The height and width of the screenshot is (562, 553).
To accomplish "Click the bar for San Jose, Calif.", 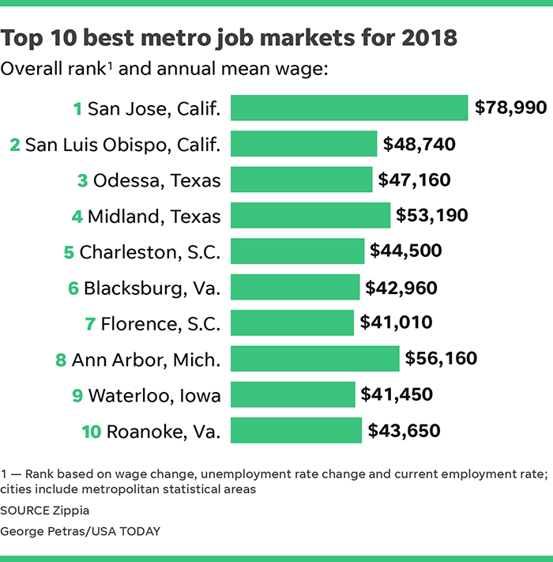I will point(348,107).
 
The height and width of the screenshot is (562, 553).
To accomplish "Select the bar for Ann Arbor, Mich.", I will point(314,359).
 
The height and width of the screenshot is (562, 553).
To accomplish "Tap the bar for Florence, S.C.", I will point(292,322).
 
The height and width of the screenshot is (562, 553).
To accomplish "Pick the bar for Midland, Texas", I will point(310,215).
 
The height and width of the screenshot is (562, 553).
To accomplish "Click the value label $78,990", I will point(510,107).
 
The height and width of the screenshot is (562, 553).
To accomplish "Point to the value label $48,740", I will point(419,144).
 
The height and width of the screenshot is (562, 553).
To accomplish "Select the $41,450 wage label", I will point(397,394).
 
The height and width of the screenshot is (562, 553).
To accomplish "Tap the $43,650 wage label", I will point(404,431).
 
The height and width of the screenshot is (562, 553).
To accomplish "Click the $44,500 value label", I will point(405,251).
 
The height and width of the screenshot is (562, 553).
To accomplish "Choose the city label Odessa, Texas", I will point(156,180).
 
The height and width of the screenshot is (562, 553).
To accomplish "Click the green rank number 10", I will point(91,432).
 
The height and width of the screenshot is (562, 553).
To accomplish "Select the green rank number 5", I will point(69,252).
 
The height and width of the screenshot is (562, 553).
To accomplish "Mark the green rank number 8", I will point(60,360).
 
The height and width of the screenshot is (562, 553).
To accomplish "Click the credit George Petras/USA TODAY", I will point(80,531).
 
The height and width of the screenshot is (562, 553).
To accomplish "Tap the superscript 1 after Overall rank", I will point(108,65).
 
